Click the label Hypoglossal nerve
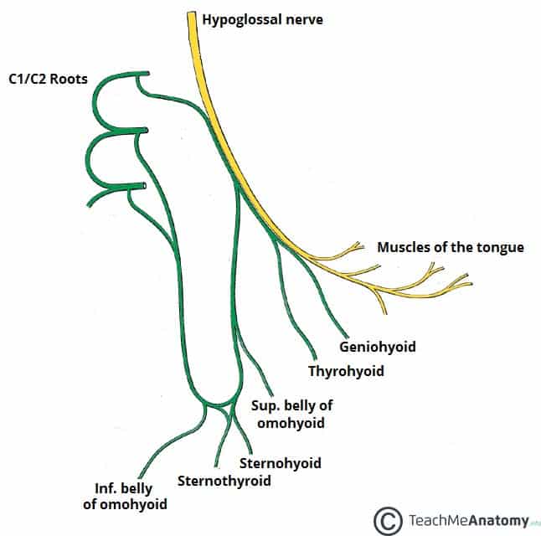(x=261, y=20)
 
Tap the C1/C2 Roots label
(x=64, y=81)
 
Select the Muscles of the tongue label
(x=451, y=247)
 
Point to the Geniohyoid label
(x=377, y=346)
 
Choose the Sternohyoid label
(x=280, y=462)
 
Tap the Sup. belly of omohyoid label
(x=292, y=414)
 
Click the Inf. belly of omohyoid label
(x=131, y=496)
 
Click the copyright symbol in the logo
(x=389, y=519)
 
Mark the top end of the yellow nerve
(x=191, y=16)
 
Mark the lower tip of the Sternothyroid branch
(x=216, y=466)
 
